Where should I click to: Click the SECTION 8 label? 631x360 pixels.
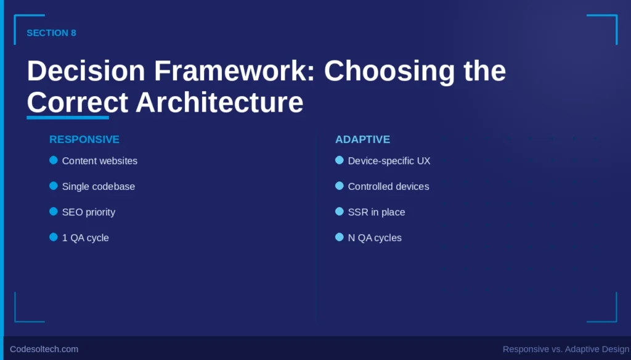click(x=51, y=33)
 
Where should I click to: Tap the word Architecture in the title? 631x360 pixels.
click(x=219, y=102)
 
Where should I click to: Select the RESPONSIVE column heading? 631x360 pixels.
click(x=84, y=139)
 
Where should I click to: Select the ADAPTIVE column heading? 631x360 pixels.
click(x=362, y=139)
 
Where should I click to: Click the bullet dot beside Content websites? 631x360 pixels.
click(x=54, y=160)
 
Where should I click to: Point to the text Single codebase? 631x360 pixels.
click(x=99, y=186)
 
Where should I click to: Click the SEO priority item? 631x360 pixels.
click(x=89, y=212)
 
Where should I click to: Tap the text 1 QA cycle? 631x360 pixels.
click(x=86, y=238)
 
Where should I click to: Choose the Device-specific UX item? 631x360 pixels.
click(x=389, y=161)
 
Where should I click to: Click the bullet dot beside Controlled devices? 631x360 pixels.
click(x=340, y=186)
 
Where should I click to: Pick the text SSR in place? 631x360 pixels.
click(x=377, y=212)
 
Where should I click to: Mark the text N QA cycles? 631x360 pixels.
click(x=375, y=238)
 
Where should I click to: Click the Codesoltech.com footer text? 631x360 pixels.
click(x=44, y=349)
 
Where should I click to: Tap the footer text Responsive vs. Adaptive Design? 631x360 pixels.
click(x=566, y=349)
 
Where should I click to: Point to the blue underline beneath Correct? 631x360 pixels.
click(x=68, y=117)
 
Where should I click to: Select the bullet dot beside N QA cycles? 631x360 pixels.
click(x=340, y=237)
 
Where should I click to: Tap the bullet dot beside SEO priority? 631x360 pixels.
click(x=54, y=211)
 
